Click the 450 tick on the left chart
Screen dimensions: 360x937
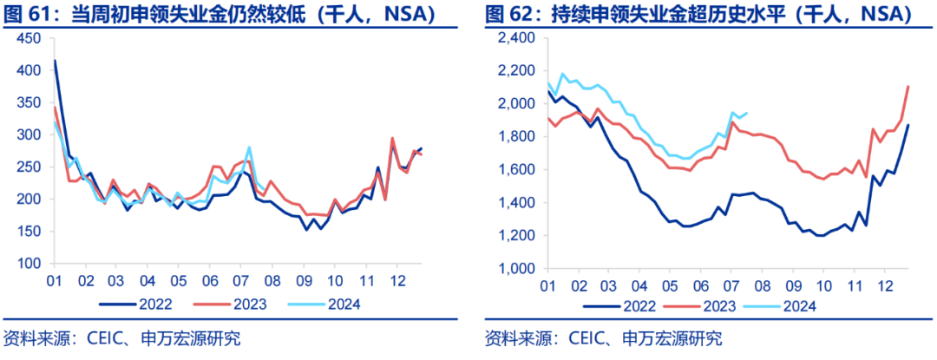(x=29, y=39)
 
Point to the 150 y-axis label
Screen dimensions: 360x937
(x=29, y=232)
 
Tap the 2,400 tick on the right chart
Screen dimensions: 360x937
(x=519, y=39)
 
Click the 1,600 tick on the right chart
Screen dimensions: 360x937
(x=519, y=170)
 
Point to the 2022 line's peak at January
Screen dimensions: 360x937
(x=56, y=61)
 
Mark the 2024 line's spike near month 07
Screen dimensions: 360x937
(x=249, y=147)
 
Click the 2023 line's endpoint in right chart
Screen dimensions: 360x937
(x=908, y=86)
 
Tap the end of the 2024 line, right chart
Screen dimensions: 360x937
(x=748, y=113)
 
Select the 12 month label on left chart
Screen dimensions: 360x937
(x=397, y=281)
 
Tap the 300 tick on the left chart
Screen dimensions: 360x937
(x=29, y=135)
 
